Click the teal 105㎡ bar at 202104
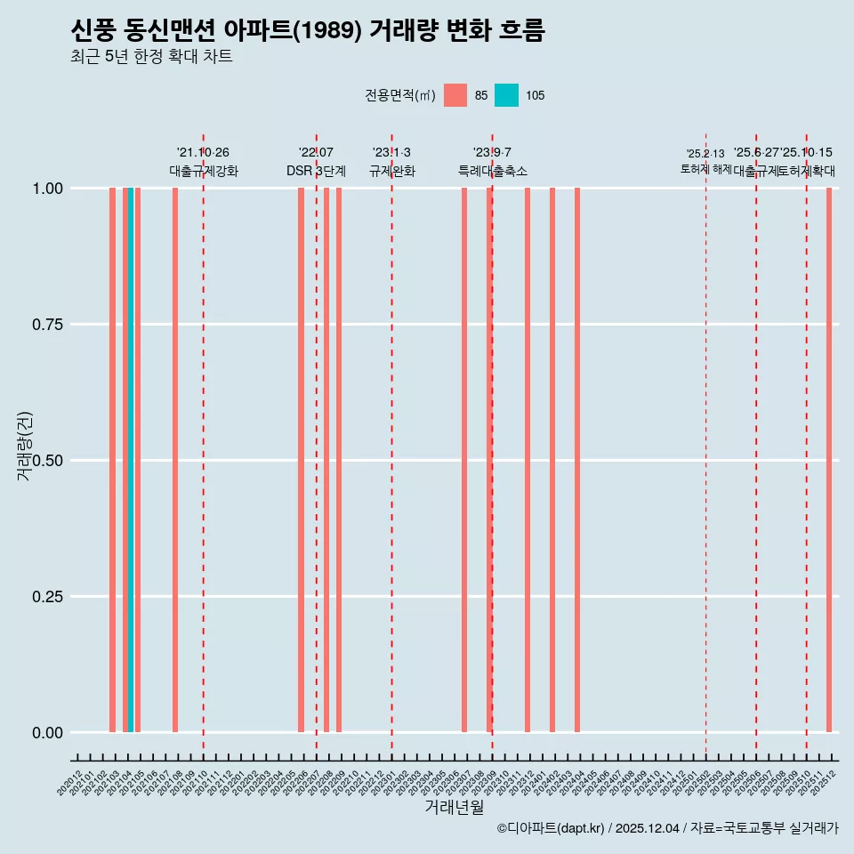click(x=131, y=460)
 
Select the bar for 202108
click(x=175, y=460)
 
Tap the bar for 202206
click(x=301, y=460)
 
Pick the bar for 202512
click(x=829, y=460)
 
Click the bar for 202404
click(x=577, y=460)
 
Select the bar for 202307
click(x=464, y=460)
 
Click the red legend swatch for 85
click(x=455, y=95)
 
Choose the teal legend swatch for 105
click(x=506, y=95)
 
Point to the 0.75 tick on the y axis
click(x=47, y=325)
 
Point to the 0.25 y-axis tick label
click(x=47, y=597)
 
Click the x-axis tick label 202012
click(x=70, y=784)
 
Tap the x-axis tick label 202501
click(x=688, y=784)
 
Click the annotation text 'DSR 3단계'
click(x=316, y=171)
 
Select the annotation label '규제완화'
click(x=391, y=171)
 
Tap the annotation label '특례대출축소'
click(x=492, y=171)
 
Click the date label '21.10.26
click(x=203, y=152)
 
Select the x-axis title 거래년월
click(x=454, y=808)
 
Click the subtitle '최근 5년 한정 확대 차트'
click(x=151, y=57)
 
